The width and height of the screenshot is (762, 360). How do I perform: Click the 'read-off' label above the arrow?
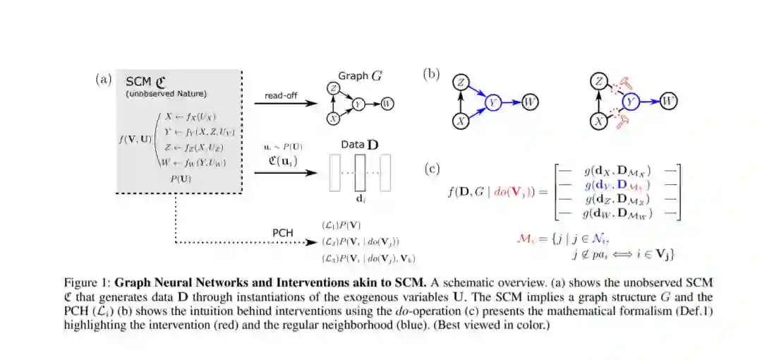coord(279,95)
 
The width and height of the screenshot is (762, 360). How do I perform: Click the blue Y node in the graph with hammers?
coord(632,102)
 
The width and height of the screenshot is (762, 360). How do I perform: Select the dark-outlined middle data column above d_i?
coord(360,172)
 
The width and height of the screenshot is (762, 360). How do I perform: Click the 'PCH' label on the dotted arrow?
coord(283,232)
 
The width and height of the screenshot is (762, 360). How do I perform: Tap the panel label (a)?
coord(104,79)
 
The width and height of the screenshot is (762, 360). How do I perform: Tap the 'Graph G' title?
coord(361,76)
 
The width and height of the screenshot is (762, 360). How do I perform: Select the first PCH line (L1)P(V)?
coord(341,225)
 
